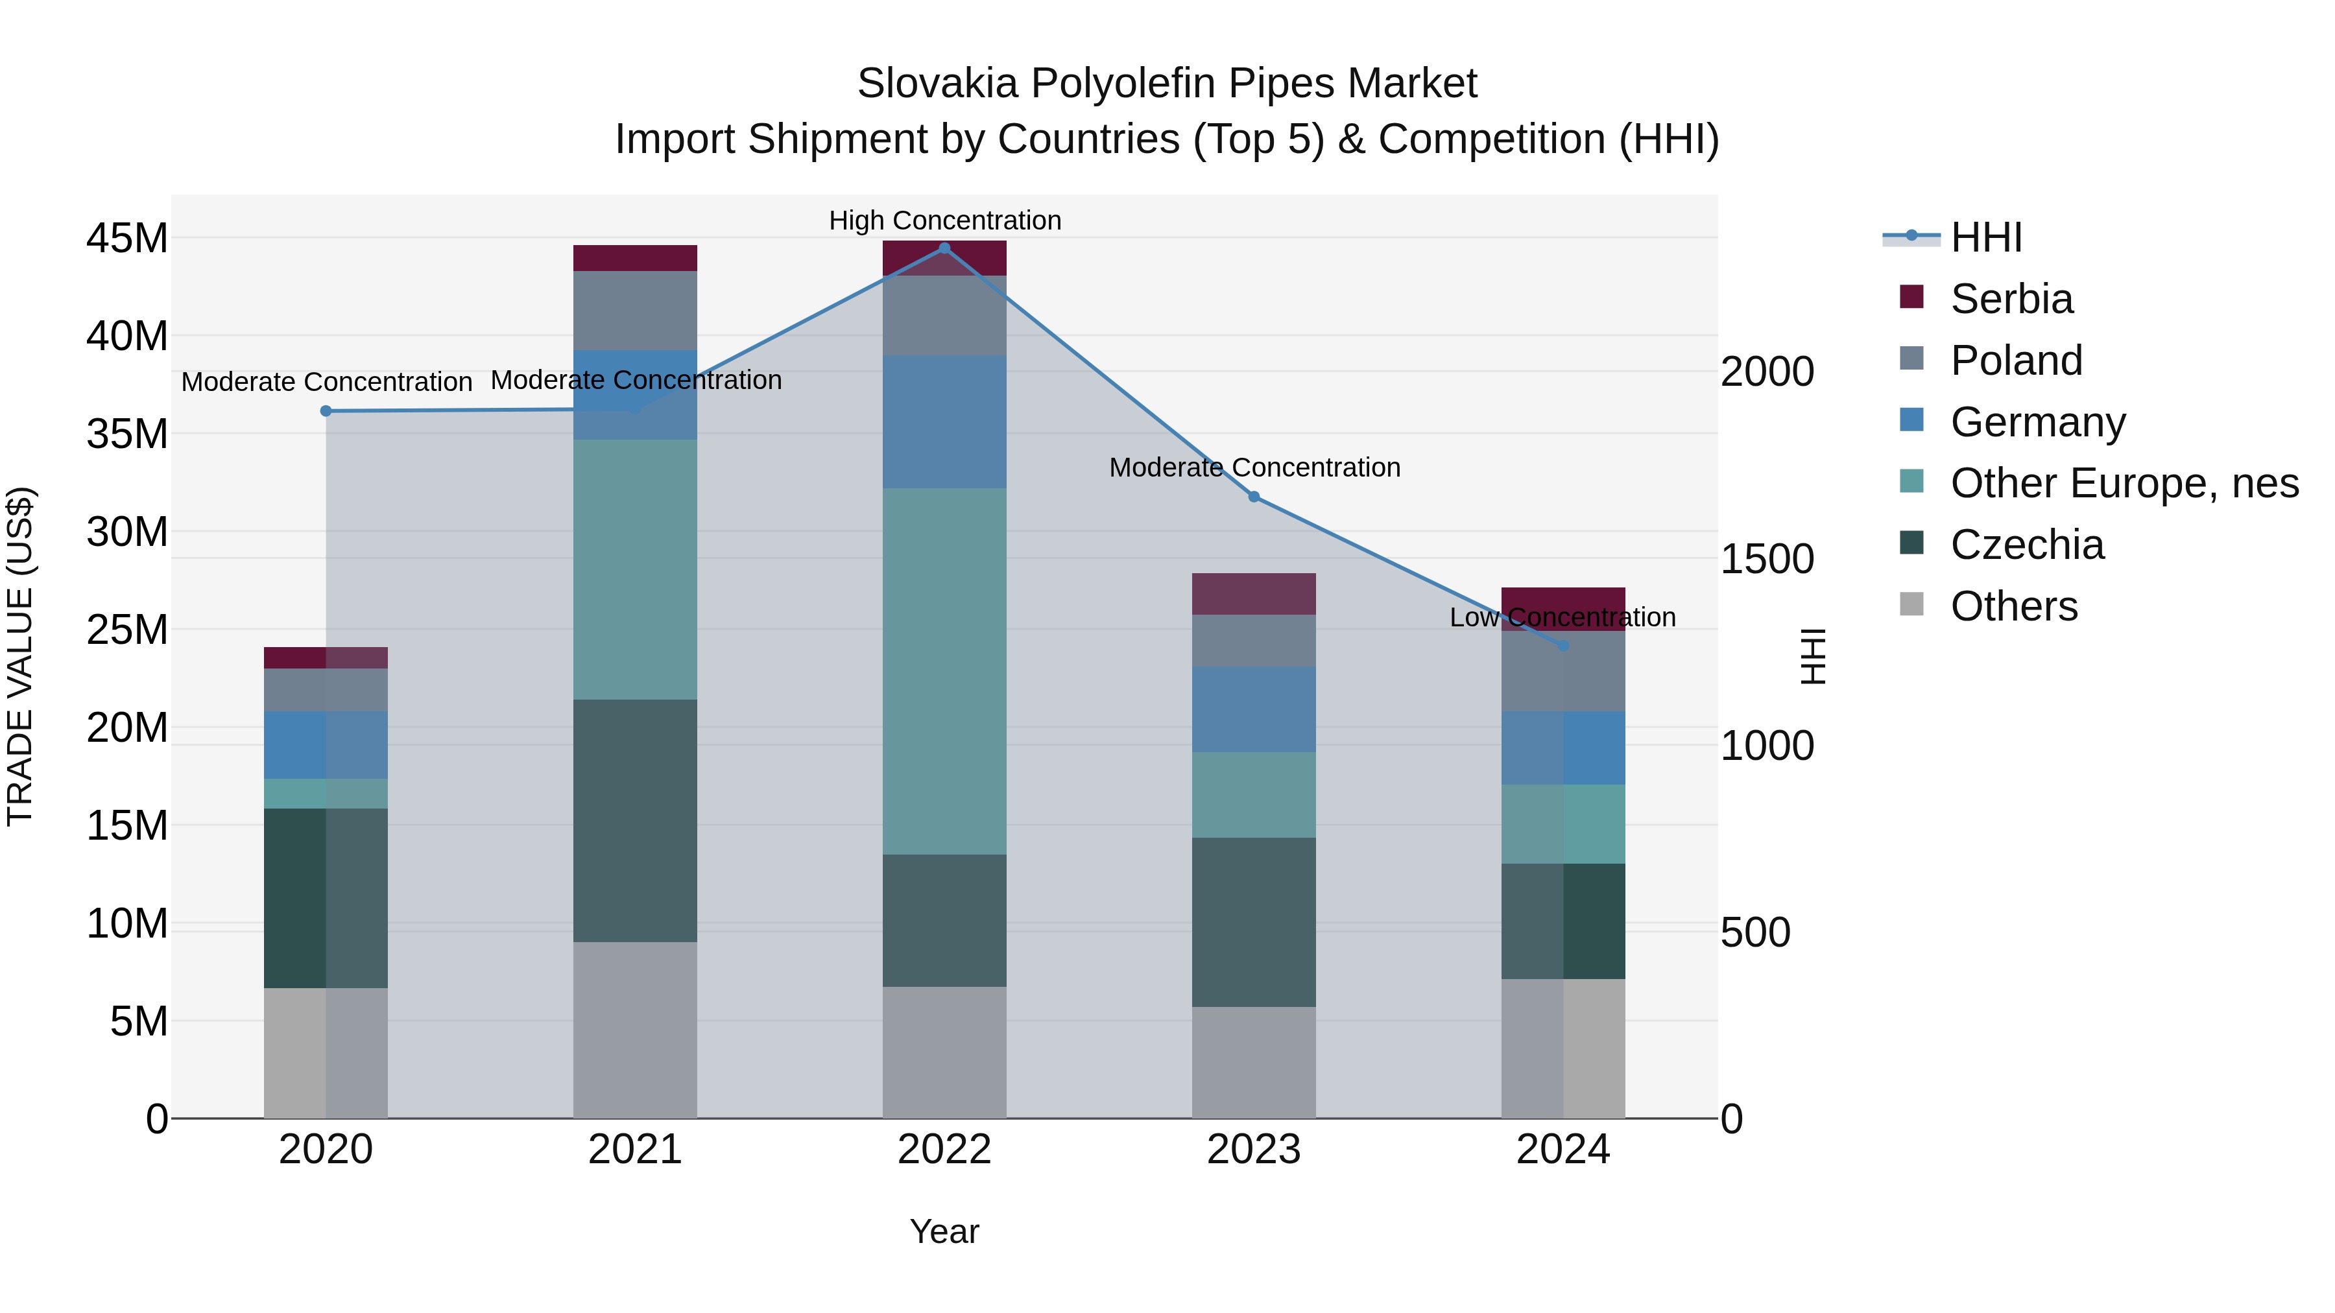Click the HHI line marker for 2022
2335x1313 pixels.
click(944, 248)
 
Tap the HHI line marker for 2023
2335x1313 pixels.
click(1254, 497)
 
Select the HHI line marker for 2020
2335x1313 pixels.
click(326, 410)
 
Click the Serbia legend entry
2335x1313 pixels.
click(2011, 299)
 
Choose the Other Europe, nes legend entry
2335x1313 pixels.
click(2124, 483)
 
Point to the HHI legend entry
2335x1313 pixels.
click(1985, 237)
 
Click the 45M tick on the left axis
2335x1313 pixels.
click(127, 239)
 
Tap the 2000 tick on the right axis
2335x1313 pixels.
click(1767, 372)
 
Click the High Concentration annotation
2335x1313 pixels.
click(944, 220)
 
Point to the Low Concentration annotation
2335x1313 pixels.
click(1562, 617)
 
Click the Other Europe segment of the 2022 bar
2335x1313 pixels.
click(944, 670)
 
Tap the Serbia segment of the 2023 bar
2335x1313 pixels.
click(1254, 593)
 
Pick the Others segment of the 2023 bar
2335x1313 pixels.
click(1254, 1062)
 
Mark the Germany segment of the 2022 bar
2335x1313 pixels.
click(944, 421)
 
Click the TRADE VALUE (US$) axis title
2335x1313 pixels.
click(20, 656)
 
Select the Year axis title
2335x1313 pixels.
click(944, 1231)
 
